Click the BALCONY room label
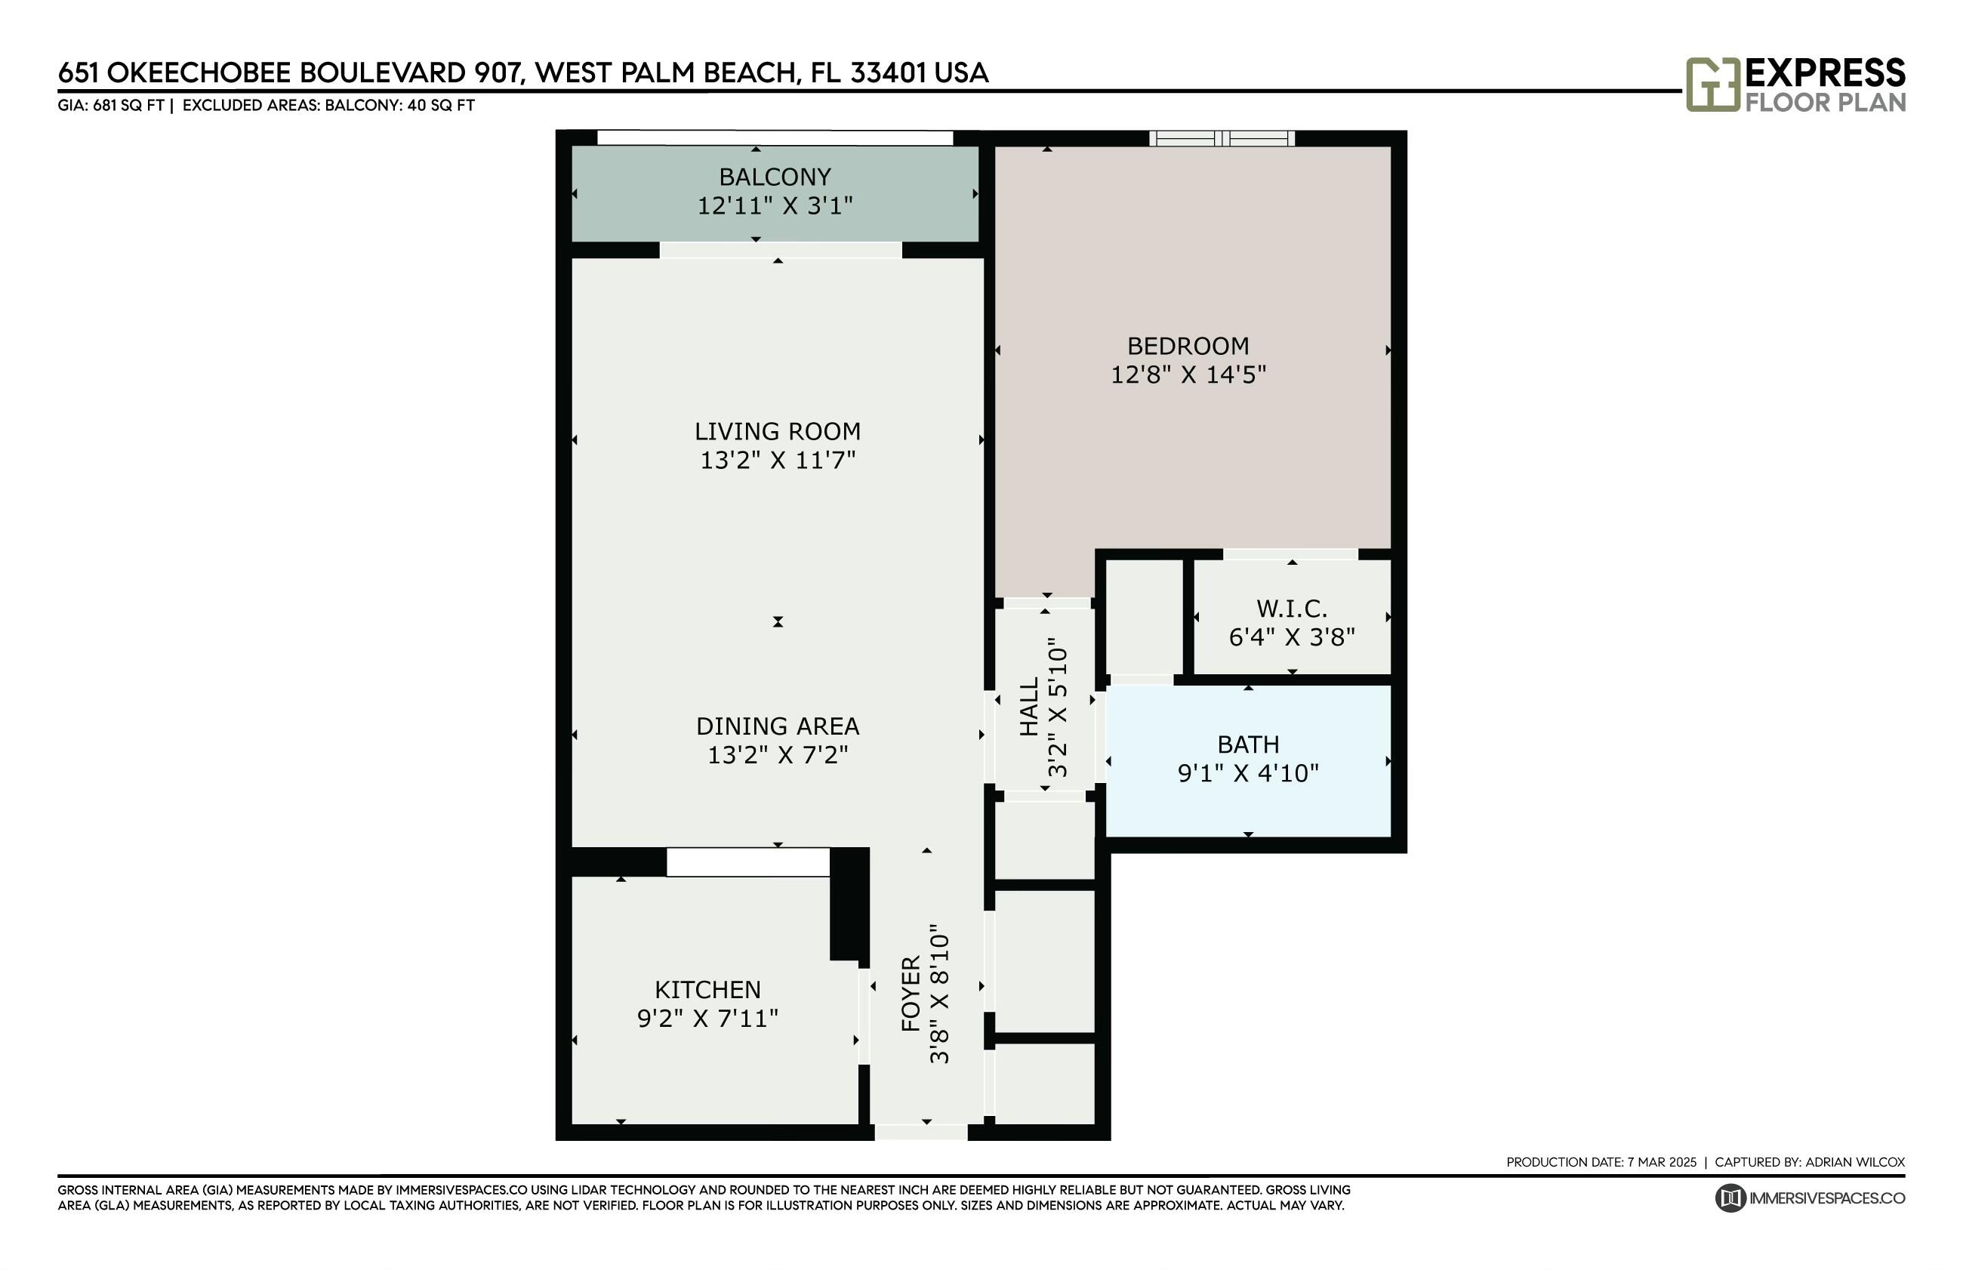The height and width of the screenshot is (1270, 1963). tap(774, 177)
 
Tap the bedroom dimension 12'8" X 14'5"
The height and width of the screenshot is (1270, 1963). tap(1188, 375)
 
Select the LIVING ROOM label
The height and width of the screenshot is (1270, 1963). tap(778, 431)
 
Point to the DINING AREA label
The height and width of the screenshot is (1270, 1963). tap(778, 726)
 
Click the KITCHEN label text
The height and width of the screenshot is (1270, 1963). tap(707, 990)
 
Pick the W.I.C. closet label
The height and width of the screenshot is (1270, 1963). tap(1292, 609)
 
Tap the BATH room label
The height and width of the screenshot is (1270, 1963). tap(1248, 744)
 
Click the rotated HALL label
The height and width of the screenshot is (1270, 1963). tap(1029, 707)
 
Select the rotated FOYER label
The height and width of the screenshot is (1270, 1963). tap(911, 994)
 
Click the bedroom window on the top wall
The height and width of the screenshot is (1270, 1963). tap(1222, 138)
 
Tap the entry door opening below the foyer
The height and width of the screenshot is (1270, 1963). tap(921, 1133)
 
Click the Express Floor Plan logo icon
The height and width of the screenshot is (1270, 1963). tap(1712, 84)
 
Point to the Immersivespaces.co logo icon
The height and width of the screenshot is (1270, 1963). tap(1730, 1198)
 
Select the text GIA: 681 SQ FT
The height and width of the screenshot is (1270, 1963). tap(110, 106)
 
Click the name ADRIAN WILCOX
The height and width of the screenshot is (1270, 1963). tap(1855, 1163)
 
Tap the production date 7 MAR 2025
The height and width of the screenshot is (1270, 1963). tap(1662, 1163)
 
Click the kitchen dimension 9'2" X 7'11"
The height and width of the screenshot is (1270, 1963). tap(707, 1019)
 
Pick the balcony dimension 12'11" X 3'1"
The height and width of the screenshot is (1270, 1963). tap(775, 205)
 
